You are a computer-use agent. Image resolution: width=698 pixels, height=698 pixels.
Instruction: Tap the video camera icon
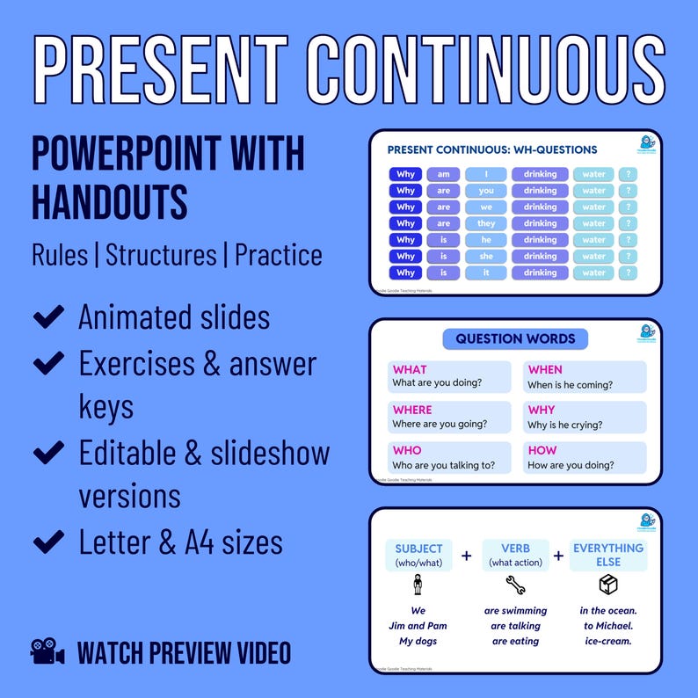[48, 652]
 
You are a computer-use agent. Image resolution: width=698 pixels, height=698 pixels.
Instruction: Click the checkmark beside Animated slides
[47, 316]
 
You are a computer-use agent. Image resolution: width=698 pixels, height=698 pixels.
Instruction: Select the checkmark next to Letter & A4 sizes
[47, 542]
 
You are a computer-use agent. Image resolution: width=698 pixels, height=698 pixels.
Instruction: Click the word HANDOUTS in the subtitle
[109, 201]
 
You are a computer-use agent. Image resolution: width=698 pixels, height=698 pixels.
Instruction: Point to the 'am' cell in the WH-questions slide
[443, 174]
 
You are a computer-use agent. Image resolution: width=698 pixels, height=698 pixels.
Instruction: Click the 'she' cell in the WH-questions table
[486, 257]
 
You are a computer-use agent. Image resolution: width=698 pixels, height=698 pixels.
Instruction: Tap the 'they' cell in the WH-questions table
[486, 223]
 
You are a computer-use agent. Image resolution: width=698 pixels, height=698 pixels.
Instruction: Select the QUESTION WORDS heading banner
[515, 338]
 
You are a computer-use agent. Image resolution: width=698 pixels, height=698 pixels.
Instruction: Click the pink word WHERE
[412, 410]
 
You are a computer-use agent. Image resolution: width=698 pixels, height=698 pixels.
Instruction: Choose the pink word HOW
[542, 450]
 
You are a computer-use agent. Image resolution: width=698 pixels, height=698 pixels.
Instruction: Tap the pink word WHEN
[545, 369]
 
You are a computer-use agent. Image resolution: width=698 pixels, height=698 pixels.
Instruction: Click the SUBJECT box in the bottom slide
[418, 555]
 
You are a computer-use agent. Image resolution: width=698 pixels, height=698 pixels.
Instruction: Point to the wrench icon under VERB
[515, 585]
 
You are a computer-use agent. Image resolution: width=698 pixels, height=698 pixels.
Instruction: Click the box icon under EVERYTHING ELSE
[607, 585]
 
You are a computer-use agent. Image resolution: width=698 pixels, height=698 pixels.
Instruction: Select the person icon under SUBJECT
[418, 585]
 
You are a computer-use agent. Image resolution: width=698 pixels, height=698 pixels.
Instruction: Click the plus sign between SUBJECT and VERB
[466, 556]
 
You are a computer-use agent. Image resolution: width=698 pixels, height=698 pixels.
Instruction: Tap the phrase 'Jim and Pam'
[418, 626]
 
